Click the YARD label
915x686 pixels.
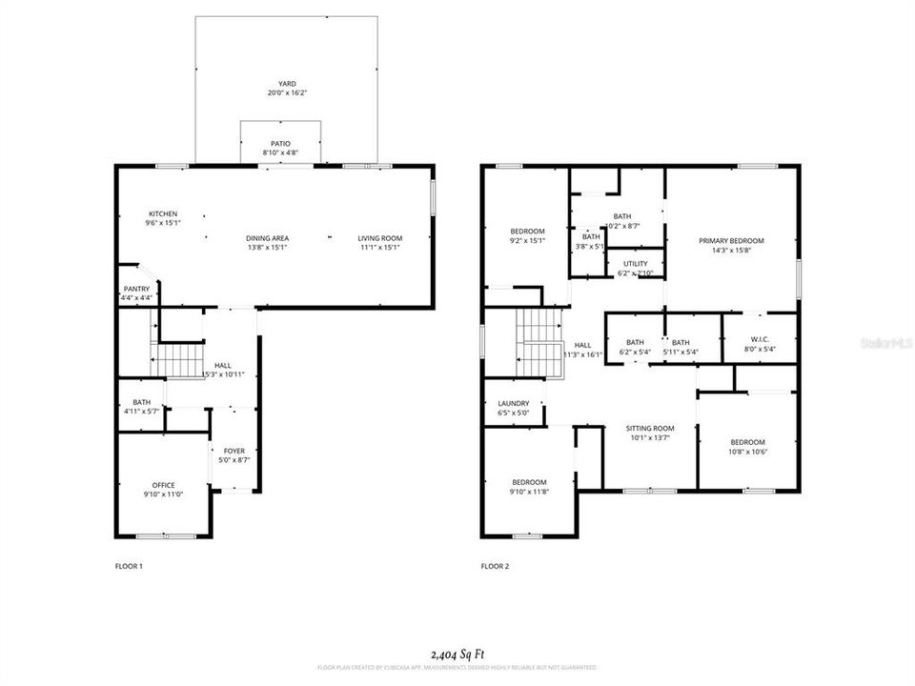[x=287, y=84]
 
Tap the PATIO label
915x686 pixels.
[x=280, y=143]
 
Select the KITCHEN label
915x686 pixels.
[x=162, y=213]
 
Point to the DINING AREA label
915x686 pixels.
[x=267, y=238]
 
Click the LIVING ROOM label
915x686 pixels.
[x=379, y=238]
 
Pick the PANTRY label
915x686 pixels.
[x=136, y=289]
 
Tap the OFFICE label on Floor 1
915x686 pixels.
[x=163, y=485]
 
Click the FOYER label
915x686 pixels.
[x=234, y=451]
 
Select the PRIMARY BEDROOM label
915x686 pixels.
[x=731, y=241]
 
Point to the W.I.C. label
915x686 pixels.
[x=760, y=340]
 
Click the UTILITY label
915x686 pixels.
[x=636, y=264]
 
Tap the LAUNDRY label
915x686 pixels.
[x=513, y=404]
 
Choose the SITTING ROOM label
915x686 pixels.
[x=650, y=429]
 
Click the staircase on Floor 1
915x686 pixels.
[x=180, y=361]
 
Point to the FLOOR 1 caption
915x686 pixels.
[x=128, y=566]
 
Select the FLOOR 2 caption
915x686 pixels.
[x=495, y=566]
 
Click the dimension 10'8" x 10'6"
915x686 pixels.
[x=747, y=452]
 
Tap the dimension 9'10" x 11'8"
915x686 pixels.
[x=528, y=492]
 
